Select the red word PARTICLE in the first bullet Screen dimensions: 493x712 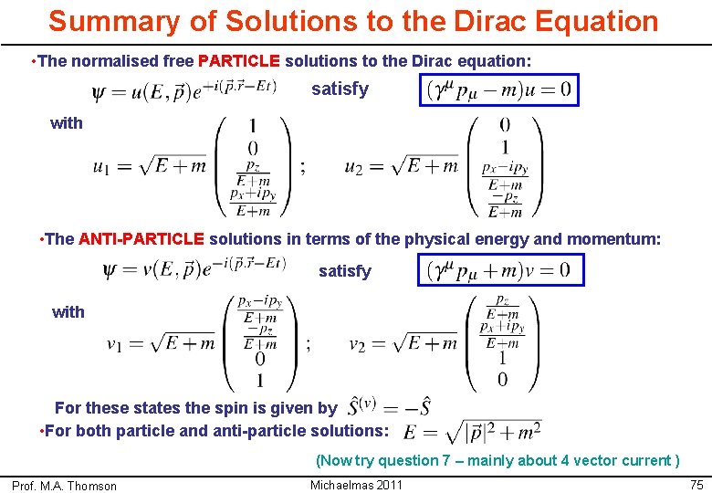pyautogui.click(x=238, y=61)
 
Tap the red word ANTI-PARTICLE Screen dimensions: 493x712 pyautogui.click(x=141, y=239)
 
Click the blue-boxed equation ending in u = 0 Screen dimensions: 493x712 pyautogui.click(x=498, y=90)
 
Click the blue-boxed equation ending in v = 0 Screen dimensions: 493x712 pyautogui.click(x=499, y=270)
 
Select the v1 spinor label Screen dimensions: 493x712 pyautogui.click(x=114, y=344)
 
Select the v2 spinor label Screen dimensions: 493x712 pyautogui.click(x=358, y=344)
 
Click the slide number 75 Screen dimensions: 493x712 pyautogui.click(x=696, y=485)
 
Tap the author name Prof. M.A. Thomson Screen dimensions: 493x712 pyautogui.click(x=64, y=486)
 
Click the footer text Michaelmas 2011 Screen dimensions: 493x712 pyautogui.click(x=356, y=485)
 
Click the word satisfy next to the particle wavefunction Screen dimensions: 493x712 pyautogui.click(x=340, y=89)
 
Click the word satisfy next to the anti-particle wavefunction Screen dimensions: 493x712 pyautogui.click(x=344, y=271)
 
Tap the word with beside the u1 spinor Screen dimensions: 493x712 pyautogui.click(x=67, y=123)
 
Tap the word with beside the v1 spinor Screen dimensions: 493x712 pyautogui.click(x=68, y=312)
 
